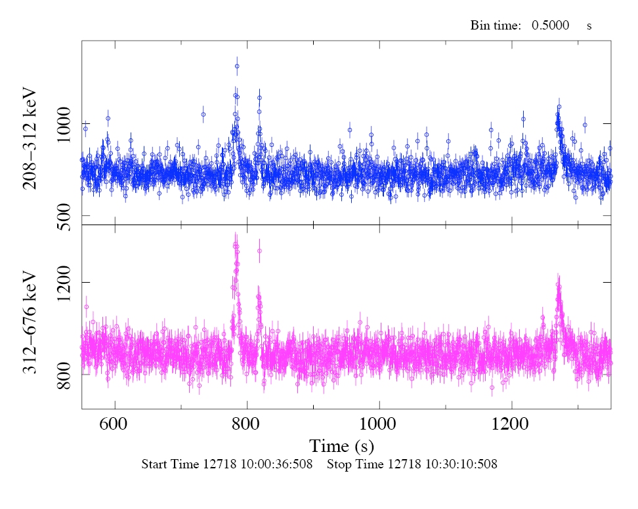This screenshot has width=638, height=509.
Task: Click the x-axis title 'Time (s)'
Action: (x=342, y=447)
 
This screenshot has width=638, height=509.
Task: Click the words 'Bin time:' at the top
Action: (x=495, y=26)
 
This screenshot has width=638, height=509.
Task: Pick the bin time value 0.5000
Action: (x=549, y=26)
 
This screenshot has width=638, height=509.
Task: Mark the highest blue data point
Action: (x=237, y=66)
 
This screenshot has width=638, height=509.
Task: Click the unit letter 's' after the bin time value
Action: (x=589, y=26)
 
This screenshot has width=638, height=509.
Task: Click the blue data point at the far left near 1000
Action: (x=85, y=129)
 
